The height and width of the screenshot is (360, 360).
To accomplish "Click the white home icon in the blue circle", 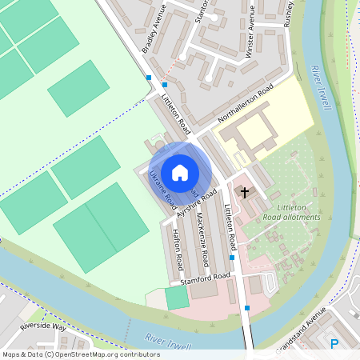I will [x=180, y=172].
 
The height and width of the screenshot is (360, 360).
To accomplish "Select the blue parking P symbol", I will [x=334, y=344].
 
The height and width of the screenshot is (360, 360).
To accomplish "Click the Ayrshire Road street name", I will [x=198, y=205].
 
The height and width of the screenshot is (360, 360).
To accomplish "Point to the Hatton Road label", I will [x=178, y=250].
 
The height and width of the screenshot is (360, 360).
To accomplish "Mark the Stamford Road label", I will [x=205, y=278].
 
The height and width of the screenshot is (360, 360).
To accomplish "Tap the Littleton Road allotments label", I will [x=291, y=212].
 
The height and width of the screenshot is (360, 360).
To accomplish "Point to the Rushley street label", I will [x=289, y=13].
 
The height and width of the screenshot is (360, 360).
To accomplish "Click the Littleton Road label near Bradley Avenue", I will [x=177, y=113].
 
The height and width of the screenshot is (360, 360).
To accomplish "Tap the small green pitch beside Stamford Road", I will [x=176, y=298].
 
